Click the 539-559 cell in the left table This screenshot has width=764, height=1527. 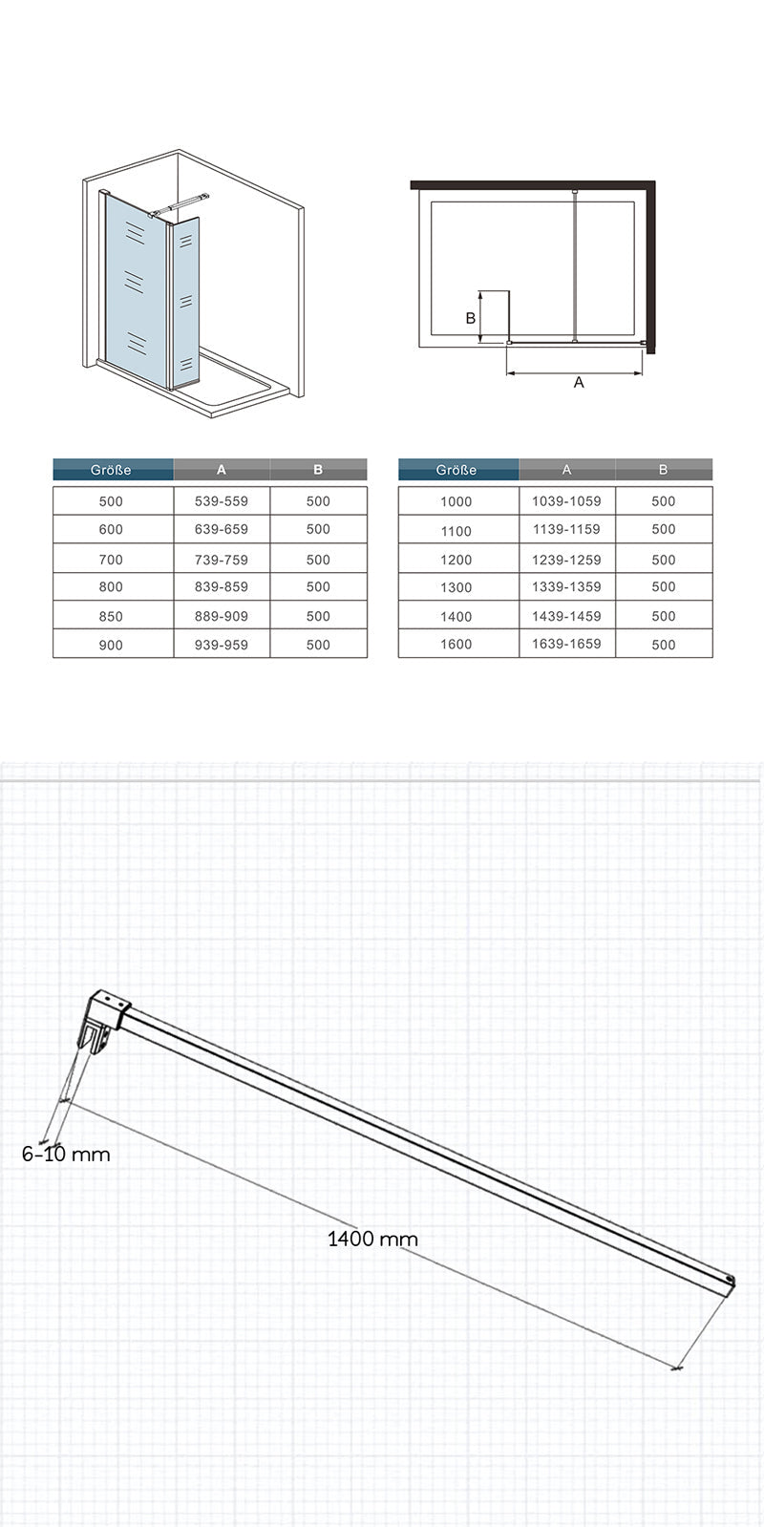(x=222, y=500)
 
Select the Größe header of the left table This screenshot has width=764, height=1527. (x=112, y=470)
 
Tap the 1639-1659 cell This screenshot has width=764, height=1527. (x=566, y=644)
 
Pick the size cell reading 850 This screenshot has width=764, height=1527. (x=112, y=616)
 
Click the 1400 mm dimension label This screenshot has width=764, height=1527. (x=372, y=1240)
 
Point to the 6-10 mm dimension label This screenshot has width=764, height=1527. (x=66, y=1155)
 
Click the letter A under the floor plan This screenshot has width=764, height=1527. (x=578, y=382)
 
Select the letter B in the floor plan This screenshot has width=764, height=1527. (x=470, y=318)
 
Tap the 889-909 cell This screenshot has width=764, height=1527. (x=222, y=616)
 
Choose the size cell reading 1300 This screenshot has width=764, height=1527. (x=456, y=587)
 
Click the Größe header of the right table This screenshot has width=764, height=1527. (x=456, y=470)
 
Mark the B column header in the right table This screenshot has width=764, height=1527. (x=663, y=470)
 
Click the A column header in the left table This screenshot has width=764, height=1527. (x=222, y=470)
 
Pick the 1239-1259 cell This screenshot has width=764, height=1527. (x=566, y=559)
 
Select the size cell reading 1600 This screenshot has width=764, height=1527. (x=456, y=645)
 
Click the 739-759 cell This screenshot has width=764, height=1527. (x=222, y=559)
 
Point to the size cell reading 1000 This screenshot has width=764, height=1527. (x=456, y=500)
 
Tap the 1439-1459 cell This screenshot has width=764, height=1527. (x=566, y=616)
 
